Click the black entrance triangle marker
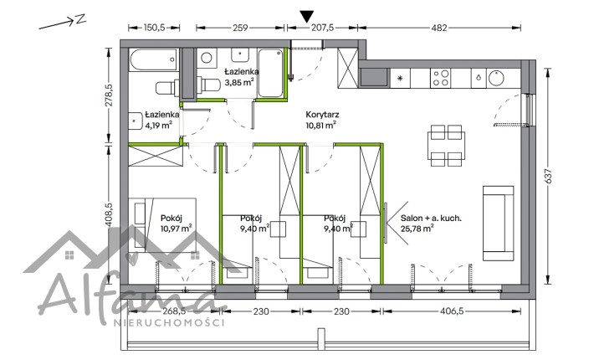pyautogui.click(x=307, y=16)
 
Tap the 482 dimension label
pyautogui.click(x=439, y=28)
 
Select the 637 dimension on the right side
pyautogui.click(x=548, y=176)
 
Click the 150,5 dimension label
pyautogui.click(x=155, y=28)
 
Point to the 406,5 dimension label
pyautogui.click(x=452, y=311)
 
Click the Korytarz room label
pyautogui.click(x=322, y=115)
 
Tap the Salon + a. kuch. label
pyautogui.click(x=431, y=218)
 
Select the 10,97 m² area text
pyautogui.click(x=177, y=228)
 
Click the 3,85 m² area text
pyautogui.click(x=239, y=81)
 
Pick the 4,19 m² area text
pyautogui.click(x=159, y=125)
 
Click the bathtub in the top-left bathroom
pyautogui.click(x=153, y=60)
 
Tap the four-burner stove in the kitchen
pyautogui.click(x=441, y=78)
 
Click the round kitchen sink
pyautogui.click(x=496, y=78)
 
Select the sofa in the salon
pyautogui.click(x=498, y=224)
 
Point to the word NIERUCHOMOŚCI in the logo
pyautogui.click(x=169, y=323)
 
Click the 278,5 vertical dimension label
pyautogui.click(x=109, y=95)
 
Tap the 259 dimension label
pyautogui.click(x=240, y=28)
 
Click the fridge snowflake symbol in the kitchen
pyautogui.click(x=401, y=79)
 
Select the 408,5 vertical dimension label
pyautogui.click(x=109, y=214)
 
